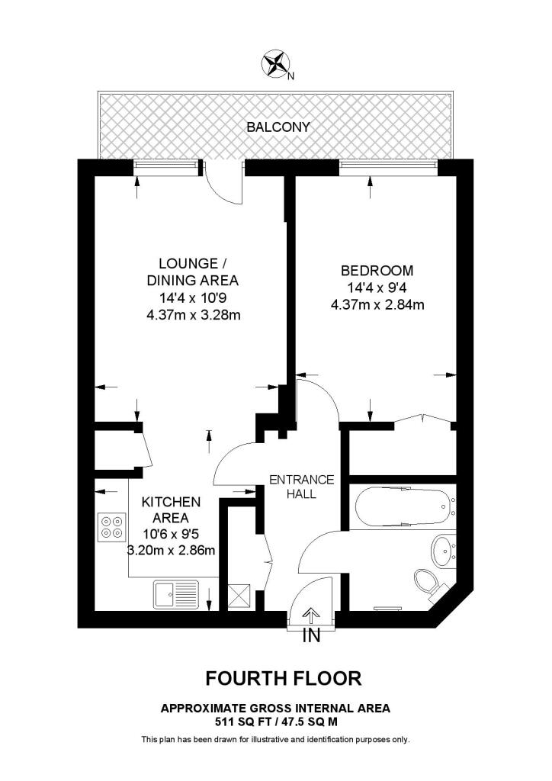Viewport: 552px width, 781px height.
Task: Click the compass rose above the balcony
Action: click(x=274, y=64)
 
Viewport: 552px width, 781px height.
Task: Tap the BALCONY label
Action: click(x=278, y=127)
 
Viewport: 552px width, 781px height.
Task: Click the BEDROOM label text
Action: click(x=377, y=271)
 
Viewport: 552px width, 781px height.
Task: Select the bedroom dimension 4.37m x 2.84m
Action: click(x=377, y=305)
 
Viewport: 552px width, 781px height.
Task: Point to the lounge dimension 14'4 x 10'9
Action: click(x=193, y=298)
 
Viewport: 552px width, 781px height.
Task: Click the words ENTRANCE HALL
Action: click(x=302, y=487)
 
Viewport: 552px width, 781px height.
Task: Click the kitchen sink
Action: click(x=176, y=593)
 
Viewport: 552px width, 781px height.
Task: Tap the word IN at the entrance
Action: click(x=312, y=636)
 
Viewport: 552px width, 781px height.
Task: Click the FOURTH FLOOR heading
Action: click(x=284, y=678)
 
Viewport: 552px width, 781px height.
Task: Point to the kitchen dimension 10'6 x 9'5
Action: click(x=171, y=534)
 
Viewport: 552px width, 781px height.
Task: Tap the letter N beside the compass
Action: click(x=291, y=76)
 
